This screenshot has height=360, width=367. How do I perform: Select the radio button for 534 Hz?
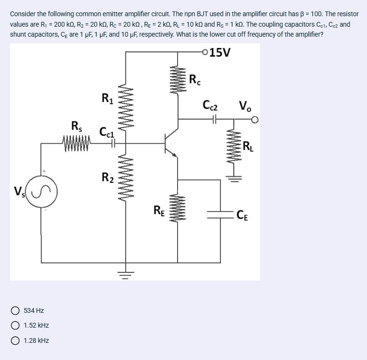15,310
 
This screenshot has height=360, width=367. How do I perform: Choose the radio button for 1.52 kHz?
15,326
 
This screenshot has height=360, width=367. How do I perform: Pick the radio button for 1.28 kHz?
15,341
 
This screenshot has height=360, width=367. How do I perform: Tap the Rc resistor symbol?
178,80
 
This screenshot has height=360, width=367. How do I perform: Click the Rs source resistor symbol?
77,141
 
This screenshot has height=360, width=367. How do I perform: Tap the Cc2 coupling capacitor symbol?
214,120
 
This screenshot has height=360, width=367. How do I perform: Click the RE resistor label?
159,210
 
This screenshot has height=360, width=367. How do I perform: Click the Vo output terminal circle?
255,120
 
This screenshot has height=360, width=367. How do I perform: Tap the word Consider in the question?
23,14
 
